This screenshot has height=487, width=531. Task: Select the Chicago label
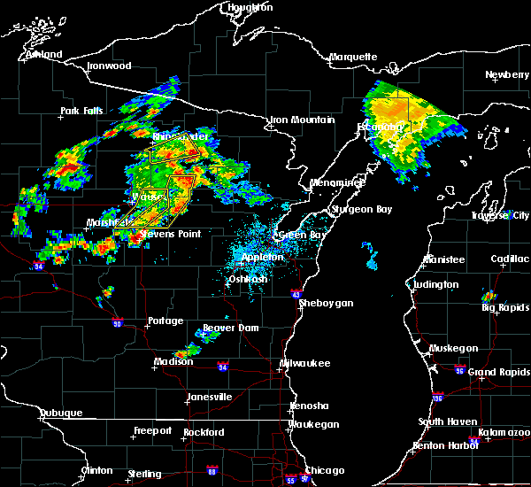point(325,470)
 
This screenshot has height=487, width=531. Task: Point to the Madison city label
point(173,361)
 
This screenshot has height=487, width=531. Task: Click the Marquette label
point(354,58)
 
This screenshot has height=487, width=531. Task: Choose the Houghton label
point(250,7)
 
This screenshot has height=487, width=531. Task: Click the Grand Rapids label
point(499,372)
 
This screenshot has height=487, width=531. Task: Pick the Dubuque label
point(62,414)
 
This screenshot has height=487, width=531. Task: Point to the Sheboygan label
point(326,303)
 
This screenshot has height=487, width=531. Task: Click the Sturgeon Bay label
point(354,209)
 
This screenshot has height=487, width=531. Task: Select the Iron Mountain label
point(302,120)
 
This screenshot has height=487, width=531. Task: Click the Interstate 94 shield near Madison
point(223,367)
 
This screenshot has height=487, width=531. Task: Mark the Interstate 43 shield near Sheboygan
point(296,295)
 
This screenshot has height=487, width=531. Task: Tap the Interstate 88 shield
point(212,470)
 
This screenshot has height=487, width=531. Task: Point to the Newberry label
point(508,75)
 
